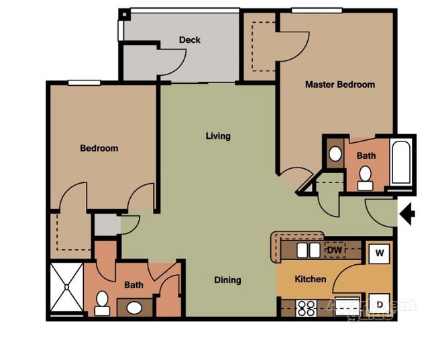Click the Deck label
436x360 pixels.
pyautogui.click(x=190, y=40)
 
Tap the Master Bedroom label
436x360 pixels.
pyautogui.click(x=339, y=84)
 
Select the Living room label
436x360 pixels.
pyautogui.click(x=218, y=136)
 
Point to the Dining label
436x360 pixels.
pyautogui.click(x=227, y=280)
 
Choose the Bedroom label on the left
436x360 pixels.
pyautogui.click(x=99, y=148)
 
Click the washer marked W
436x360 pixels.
pyautogui.click(x=379, y=253)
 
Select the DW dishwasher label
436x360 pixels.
pyautogui.click(x=335, y=250)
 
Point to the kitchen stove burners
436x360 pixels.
pyautogui.click(x=307, y=308)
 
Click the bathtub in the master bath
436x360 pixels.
pyautogui.click(x=402, y=162)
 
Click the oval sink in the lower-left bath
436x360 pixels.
pyautogui.click(x=135, y=308)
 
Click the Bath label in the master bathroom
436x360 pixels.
pyautogui.click(x=366, y=156)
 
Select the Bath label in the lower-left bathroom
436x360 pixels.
pyautogui.click(x=133, y=285)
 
